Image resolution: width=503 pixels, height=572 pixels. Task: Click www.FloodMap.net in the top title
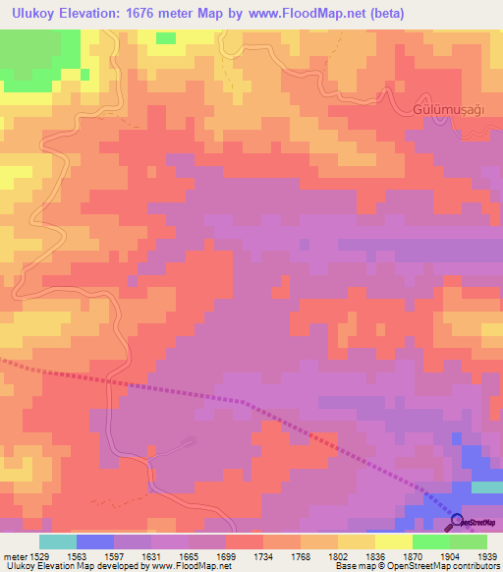tap(302, 14)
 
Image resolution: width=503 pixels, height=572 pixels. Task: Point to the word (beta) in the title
tap(381, 14)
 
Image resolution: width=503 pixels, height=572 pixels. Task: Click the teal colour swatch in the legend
tap(58, 542)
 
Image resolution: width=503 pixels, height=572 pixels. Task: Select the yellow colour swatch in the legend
tap(393, 542)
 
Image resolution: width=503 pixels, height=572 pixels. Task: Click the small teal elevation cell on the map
tap(486, 487)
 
